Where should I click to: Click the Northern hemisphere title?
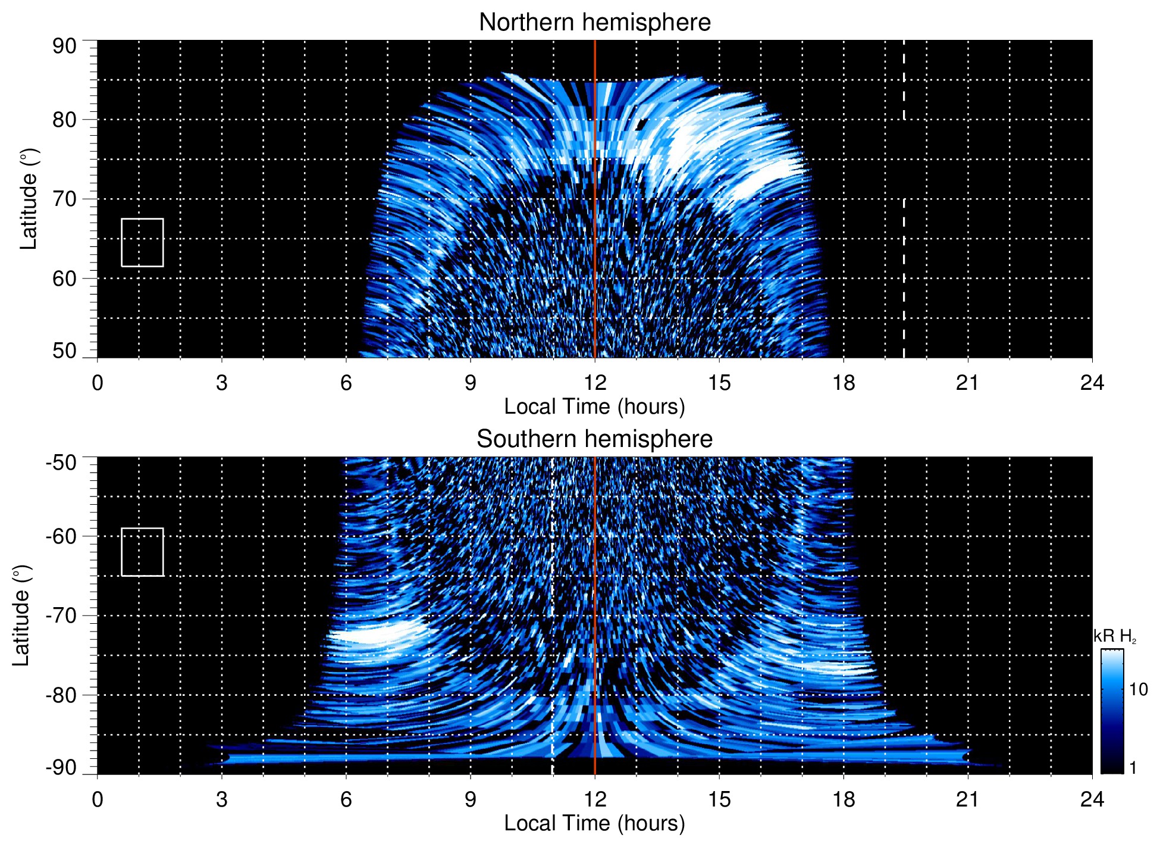click(x=594, y=23)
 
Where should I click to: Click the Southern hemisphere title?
click(x=594, y=439)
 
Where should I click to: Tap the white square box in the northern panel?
click(x=142, y=242)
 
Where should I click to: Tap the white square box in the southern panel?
click(x=142, y=552)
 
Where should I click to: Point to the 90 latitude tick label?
click(x=64, y=46)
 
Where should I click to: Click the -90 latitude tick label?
click(x=61, y=767)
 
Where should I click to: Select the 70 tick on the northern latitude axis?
click(x=64, y=199)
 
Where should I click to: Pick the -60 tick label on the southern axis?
click(x=61, y=536)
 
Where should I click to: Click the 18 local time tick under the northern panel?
click(x=844, y=383)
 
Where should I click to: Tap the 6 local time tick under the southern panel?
click(x=346, y=799)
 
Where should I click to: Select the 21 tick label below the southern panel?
click(x=968, y=799)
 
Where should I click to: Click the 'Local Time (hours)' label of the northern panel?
click(x=594, y=407)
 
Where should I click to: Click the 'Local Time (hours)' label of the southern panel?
click(x=594, y=823)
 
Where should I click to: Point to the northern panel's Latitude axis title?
click(x=29, y=199)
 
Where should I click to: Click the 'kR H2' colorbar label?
click(x=1115, y=636)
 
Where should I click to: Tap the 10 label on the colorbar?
click(x=1138, y=690)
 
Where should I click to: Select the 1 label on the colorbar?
click(x=1133, y=768)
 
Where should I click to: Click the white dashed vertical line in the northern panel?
click(x=904, y=268)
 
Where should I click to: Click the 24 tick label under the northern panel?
click(x=1092, y=383)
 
